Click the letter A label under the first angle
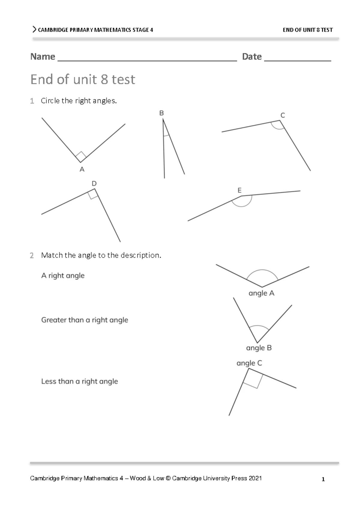pos(82,169)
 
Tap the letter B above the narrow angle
pos(161,113)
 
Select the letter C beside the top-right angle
pos(283,115)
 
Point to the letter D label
pos(94,183)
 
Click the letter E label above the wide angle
pos(239,190)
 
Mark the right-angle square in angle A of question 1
pos(81,156)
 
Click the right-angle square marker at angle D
pos(93,195)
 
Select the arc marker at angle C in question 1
pos(277,126)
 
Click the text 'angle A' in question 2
pos(261,293)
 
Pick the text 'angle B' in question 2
pos(259,348)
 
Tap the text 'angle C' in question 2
pos(249,363)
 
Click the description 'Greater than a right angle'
pos(85,320)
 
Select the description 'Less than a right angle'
pos(79,381)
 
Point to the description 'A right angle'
pos(63,275)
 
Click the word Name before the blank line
pos(43,56)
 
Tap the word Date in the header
pos(252,56)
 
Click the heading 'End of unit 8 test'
pos(83,79)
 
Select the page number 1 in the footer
pos(323,479)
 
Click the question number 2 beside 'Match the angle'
pos(32,255)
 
